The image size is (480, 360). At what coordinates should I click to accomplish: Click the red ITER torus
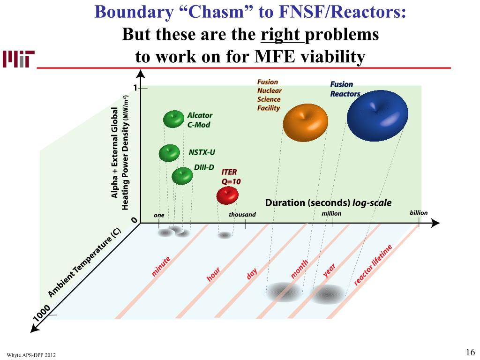[x=228, y=195]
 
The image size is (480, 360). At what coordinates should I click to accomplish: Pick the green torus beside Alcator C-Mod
[x=174, y=119]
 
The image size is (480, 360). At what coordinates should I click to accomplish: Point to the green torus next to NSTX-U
[x=169, y=153]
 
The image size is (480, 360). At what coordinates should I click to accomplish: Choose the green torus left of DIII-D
[x=182, y=176]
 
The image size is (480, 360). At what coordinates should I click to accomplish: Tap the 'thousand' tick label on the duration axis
[x=242, y=215]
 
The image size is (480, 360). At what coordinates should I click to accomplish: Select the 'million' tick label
[x=331, y=214]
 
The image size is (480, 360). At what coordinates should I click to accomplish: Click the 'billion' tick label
[x=419, y=213]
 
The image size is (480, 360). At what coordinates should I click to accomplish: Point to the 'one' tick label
[x=159, y=215]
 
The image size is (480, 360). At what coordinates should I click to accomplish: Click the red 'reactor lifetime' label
[x=372, y=265]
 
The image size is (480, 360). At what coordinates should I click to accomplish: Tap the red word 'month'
[x=300, y=269]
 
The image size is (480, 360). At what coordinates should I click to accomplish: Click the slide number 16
[x=471, y=352]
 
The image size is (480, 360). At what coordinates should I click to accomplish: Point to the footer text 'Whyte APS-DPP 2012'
[x=31, y=355]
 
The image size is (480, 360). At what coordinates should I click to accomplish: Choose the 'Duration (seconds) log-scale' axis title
[x=328, y=203]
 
